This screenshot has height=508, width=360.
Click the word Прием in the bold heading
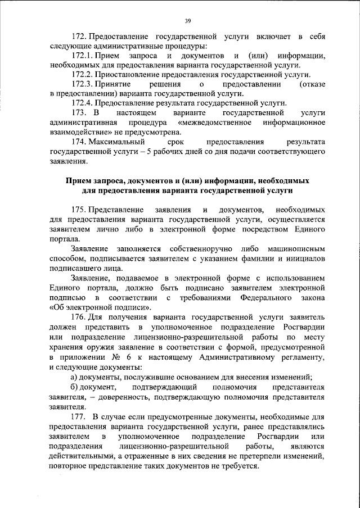tap(78, 182)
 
